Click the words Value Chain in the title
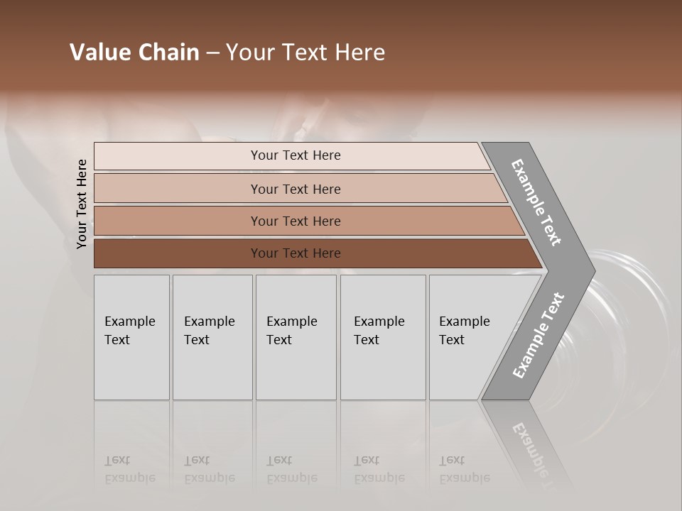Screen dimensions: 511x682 point(134,53)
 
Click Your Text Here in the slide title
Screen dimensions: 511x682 point(305,53)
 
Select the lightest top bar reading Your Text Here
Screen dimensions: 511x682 point(295,155)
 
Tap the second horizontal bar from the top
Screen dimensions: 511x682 point(295,189)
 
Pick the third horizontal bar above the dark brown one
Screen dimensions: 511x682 point(295,221)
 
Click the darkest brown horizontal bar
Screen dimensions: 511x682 point(295,253)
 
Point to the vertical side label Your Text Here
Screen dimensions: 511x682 point(82,204)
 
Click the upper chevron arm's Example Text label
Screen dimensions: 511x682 point(536,202)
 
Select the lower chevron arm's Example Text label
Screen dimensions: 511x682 point(538,336)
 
